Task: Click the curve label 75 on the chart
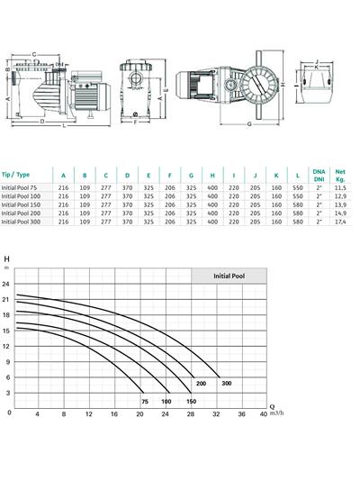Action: coord(144,400)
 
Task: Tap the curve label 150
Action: coord(191,400)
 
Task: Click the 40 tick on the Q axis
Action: coord(263,414)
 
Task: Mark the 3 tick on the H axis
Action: coord(6,393)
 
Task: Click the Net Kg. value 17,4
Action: coord(340,222)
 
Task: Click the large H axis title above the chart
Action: coord(7,259)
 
